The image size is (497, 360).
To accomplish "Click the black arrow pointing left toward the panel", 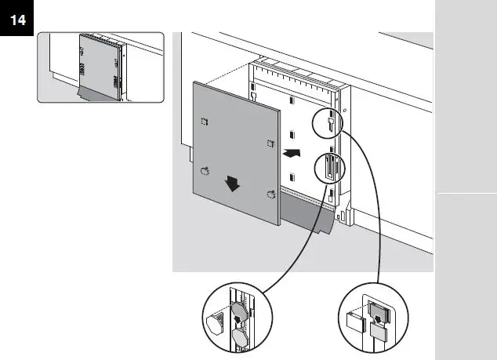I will [x=291, y=154].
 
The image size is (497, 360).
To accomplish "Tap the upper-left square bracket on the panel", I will [x=205, y=120].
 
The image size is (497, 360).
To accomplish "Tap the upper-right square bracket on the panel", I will [x=270, y=142].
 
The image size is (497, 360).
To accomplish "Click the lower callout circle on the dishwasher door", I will [x=328, y=168].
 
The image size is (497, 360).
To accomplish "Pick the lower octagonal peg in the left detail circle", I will [x=238, y=337].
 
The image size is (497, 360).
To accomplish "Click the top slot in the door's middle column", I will [x=291, y=100].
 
